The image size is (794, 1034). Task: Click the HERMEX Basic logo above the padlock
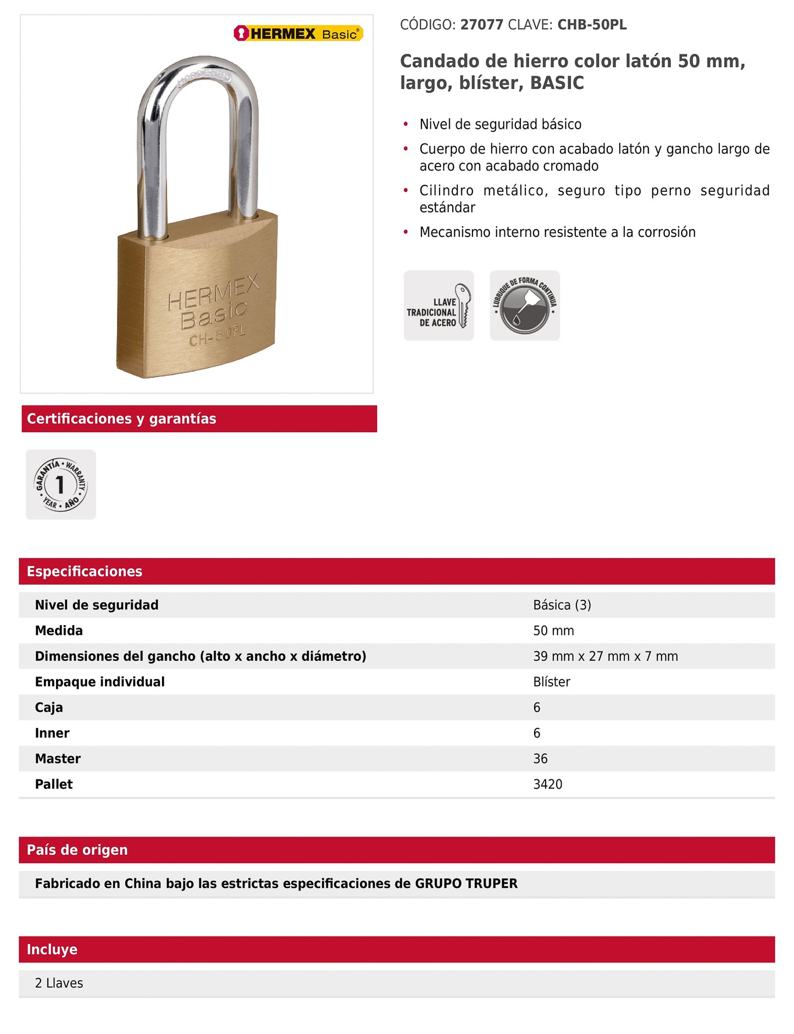click(x=298, y=34)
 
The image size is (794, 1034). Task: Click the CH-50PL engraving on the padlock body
click(x=217, y=336)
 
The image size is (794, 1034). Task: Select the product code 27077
click(x=481, y=25)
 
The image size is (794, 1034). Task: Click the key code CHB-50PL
click(x=592, y=25)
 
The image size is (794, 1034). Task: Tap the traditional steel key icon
click(x=438, y=306)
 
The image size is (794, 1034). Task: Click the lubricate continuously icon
click(x=525, y=306)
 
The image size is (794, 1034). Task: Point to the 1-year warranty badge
click(x=61, y=484)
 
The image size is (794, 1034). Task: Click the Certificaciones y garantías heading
click(x=121, y=419)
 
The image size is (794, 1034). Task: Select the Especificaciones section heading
click(x=85, y=572)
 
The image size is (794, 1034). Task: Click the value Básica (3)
click(x=562, y=605)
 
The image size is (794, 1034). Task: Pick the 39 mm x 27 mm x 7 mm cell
click(x=605, y=656)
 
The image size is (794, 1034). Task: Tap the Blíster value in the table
click(x=552, y=682)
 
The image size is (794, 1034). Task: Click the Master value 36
click(x=540, y=759)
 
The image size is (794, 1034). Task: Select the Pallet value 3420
click(x=547, y=784)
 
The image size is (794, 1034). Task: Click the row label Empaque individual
click(x=99, y=682)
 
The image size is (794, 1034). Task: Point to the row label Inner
click(x=52, y=733)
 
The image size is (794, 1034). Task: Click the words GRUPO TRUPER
click(x=466, y=884)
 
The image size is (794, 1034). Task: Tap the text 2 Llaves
click(x=59, y=983)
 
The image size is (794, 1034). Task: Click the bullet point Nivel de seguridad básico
click(x=500, y=125)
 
